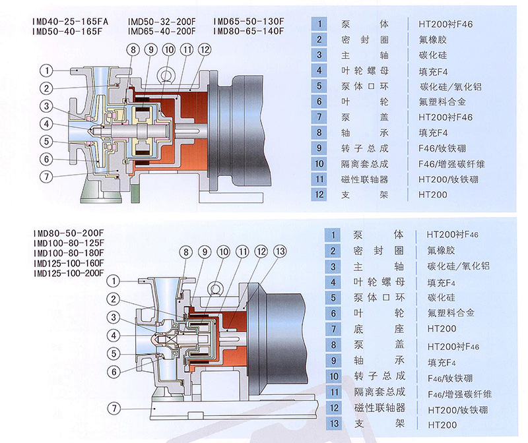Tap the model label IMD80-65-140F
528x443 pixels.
tap(249, 30)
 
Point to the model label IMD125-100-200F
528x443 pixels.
tap(69, 273)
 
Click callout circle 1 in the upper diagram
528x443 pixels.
tap(47, 69)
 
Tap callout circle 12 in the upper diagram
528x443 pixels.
tap(205, 49)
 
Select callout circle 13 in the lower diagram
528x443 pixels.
tap(279, 251)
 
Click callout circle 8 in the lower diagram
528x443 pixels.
tap(186, 251)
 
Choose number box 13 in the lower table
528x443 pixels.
tap(335, 424)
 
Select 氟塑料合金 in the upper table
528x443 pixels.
tap(442, 102)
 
